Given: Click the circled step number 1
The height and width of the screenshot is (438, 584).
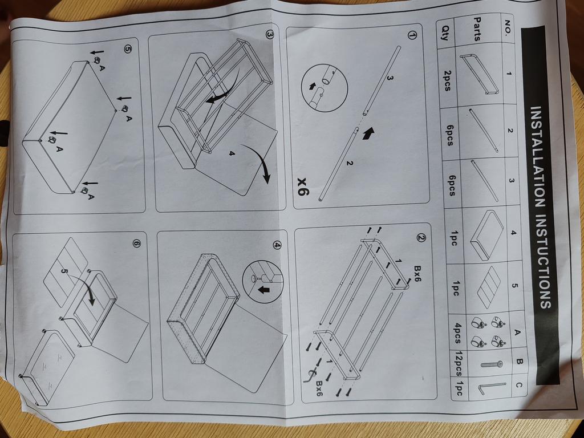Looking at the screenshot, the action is click(412, 36).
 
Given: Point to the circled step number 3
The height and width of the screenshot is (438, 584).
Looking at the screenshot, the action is click(270, 35).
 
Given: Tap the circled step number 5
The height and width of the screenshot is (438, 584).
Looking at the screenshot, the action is click(127, 50).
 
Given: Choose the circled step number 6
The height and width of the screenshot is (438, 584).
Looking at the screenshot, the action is click(137, 244).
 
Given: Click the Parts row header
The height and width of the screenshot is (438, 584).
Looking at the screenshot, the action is click(477, 29).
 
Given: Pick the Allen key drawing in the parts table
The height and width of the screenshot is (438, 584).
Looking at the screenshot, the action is click(491, 388).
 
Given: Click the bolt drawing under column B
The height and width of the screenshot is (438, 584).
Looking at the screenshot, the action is click(492, 364).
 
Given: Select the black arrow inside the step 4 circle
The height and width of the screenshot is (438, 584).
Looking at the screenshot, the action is click(264, 289).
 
